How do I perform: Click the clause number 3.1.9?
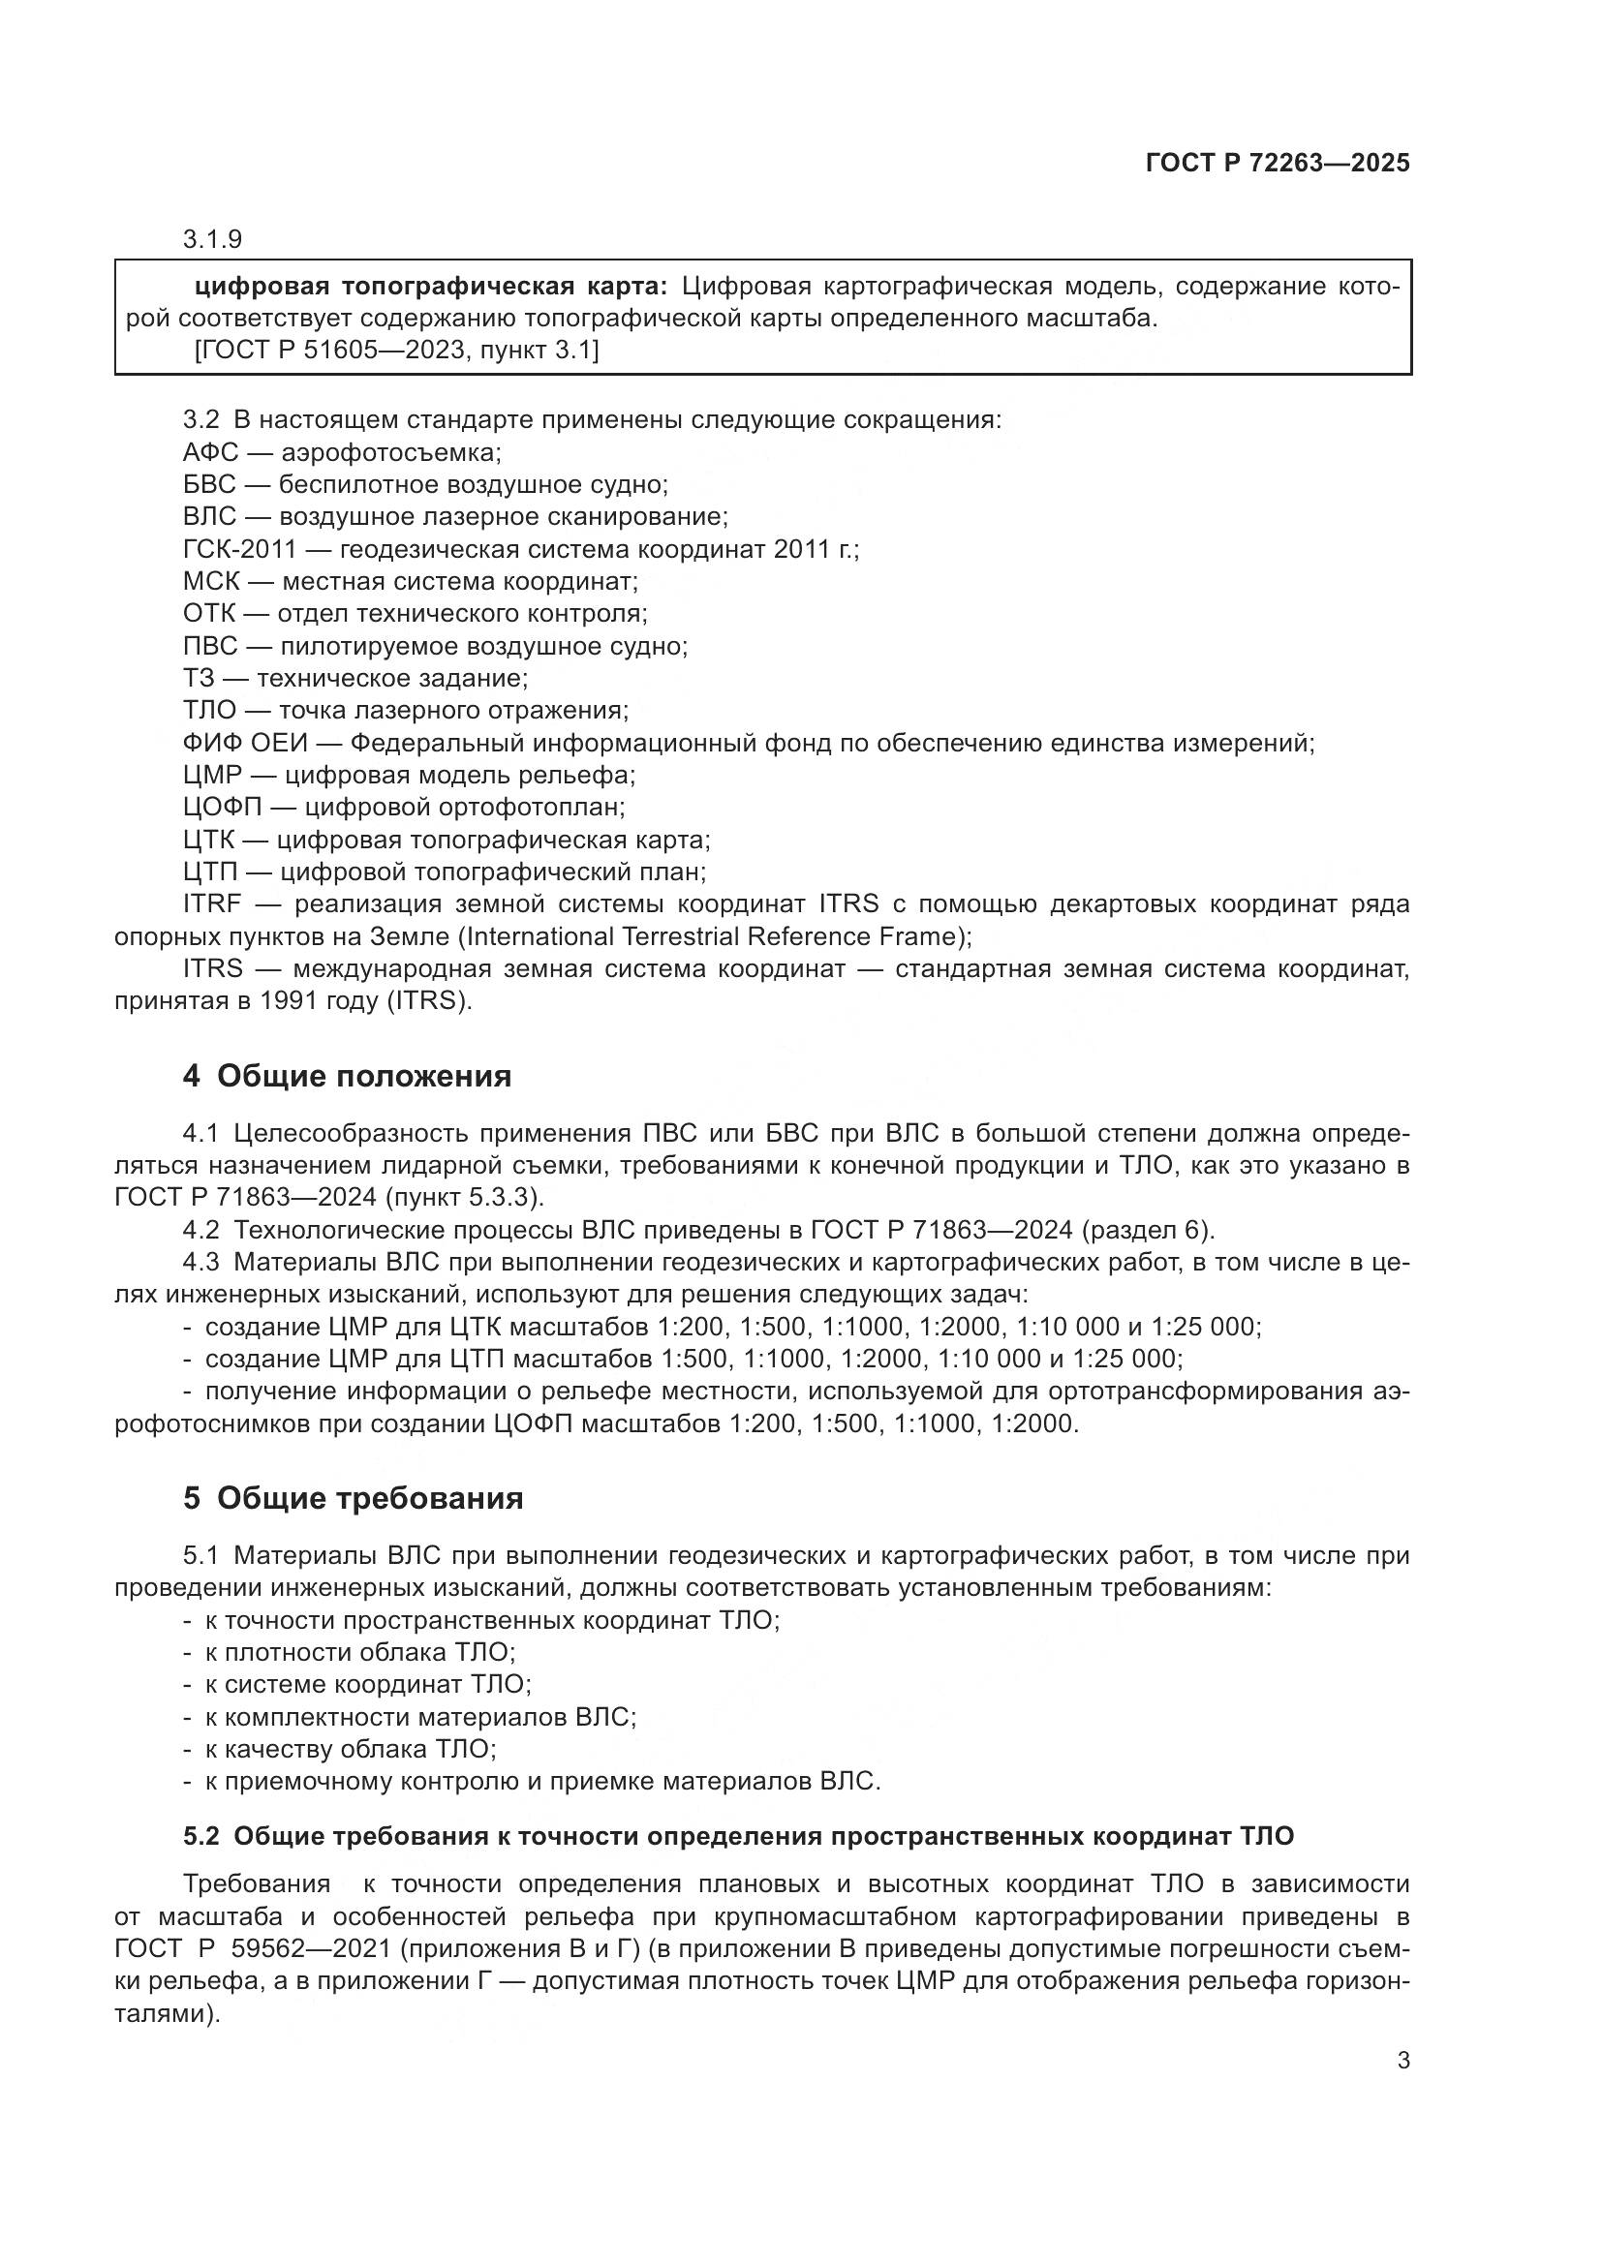click(212, 240)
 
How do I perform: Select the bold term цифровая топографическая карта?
click(430, 287)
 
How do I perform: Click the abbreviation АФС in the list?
click(210, 453)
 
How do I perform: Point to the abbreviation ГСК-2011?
click(238, 549)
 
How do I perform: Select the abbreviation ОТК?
click(209, 614)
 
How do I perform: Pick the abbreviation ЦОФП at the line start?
click(222, 807)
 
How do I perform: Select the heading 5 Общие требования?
click(353, 1498)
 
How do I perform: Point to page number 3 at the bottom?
click(1402, 2060)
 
